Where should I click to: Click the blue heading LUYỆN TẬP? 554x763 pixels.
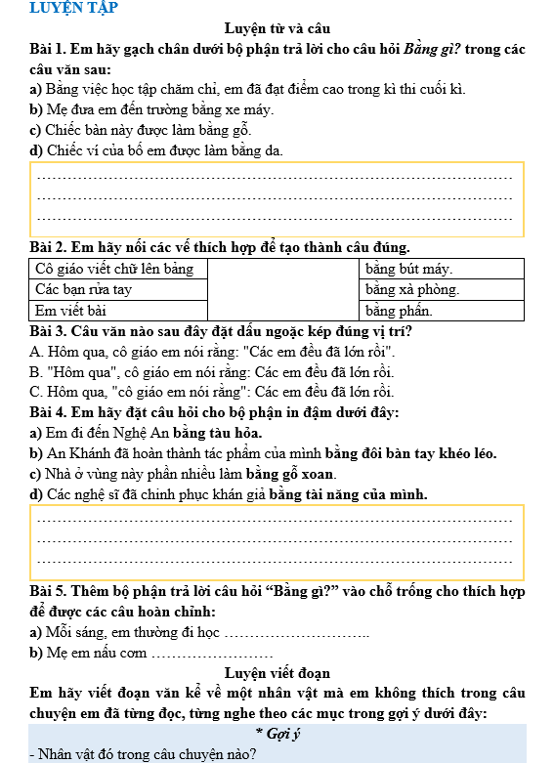tap(73, 9)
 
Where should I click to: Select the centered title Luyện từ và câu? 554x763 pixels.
tap(277, 29)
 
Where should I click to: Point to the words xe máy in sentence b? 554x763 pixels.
tap(248, 109)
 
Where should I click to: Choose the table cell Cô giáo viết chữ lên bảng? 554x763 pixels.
tap(114, 269)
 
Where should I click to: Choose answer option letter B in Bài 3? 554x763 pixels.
tap(36, 372)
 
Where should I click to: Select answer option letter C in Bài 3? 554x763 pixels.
tap(36, 393)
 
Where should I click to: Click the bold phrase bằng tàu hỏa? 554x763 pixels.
tap(219, 433)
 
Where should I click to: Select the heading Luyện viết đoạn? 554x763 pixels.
tap(277, 673)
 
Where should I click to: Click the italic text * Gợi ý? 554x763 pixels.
tap(277, 735)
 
